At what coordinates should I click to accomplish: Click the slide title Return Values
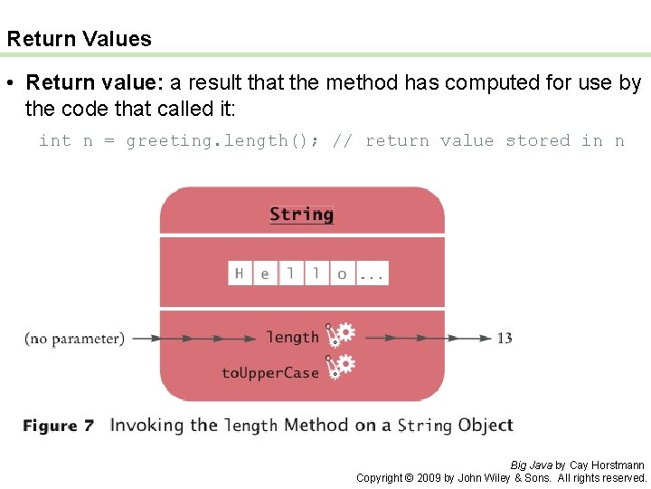pyautogui.click(x=79, y=39)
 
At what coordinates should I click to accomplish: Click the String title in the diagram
pyautogui.click(x=301, y=215)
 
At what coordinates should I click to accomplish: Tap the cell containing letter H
pyautogui.click(x=240, y=273)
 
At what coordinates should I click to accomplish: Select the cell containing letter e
pyautogui.click(x=265, y=273)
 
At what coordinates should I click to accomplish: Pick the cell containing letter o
pyautogui.click(x=342, y=273)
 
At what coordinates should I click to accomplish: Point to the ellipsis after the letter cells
pyautogui.click(x=373, y=273)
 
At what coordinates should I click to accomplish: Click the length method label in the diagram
pyautogui.click(x=292, y=338)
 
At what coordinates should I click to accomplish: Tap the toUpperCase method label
pyautogui.click(x=270, y=372)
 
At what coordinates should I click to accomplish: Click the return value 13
pyautogui.click(x=505, y=338)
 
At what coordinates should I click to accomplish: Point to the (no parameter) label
pyautogui.click(x=74, y=339)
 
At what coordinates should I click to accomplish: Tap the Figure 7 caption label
pyautogui.click(x=58, y=426)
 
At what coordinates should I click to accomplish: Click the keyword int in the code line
pyautogui.click(x=54, y=140)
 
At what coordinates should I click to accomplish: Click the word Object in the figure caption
pyautogui.click(x=486, y=425)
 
